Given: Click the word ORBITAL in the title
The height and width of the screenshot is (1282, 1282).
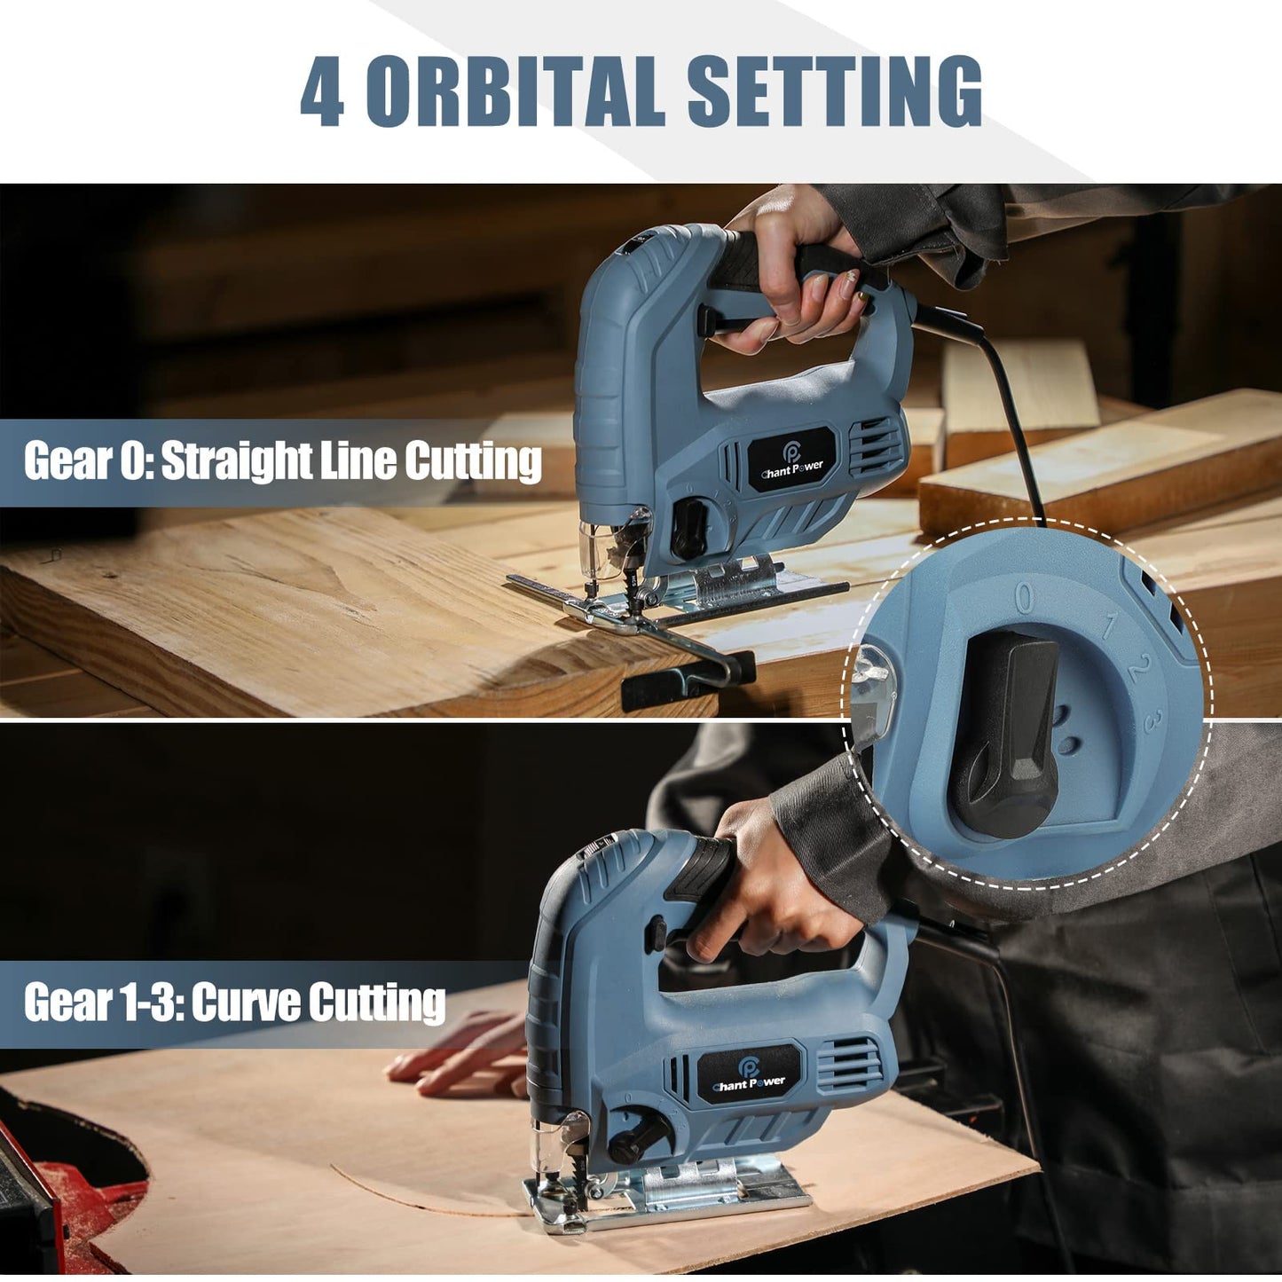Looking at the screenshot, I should [515, 92].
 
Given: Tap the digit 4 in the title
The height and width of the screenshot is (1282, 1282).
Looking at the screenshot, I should [323, 92].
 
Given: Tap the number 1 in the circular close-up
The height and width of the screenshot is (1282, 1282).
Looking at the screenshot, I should [1108, 625].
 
